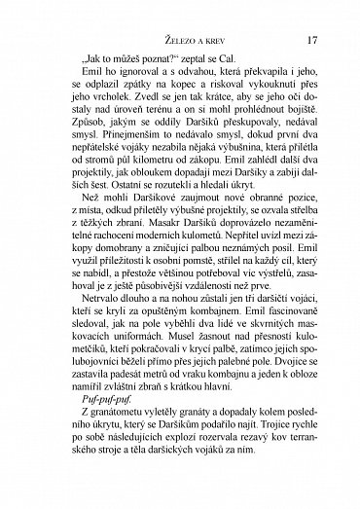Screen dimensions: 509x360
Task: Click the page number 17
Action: pos(311,41)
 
